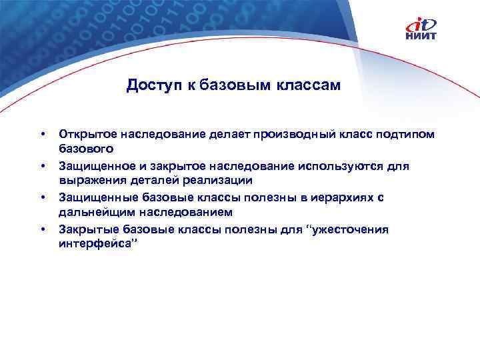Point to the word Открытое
pyautogui.click(x=84, y=135)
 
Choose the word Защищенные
pyautogui.click(x=93, y=198)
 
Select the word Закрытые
pyautogui.click(x=84, y=229)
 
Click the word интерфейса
pyautogui.click(x=94, y=243)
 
